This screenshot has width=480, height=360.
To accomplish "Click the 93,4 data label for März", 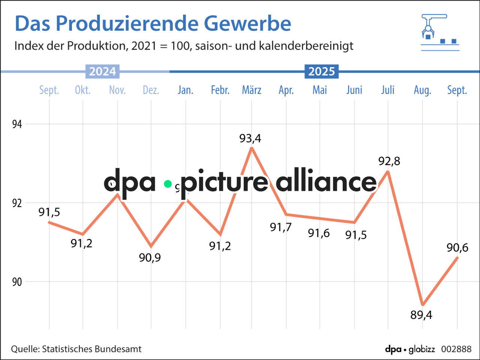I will click(250, 138).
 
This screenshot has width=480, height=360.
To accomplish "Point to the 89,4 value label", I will click(421, 315).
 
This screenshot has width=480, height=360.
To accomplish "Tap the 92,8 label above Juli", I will click(389, 161).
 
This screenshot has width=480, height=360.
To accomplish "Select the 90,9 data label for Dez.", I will click(150, 257).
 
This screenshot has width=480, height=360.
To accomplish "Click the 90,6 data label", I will click(457, 247).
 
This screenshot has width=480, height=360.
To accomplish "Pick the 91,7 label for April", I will click(280, 227).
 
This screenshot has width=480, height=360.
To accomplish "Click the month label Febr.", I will click(220, 90).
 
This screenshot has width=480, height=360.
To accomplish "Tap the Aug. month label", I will click(422, 90).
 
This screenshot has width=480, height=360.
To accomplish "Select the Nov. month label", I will click(117, 90).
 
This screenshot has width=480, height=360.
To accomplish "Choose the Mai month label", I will click(320, 90).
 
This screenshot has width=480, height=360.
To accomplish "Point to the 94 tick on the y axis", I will click(17, 124).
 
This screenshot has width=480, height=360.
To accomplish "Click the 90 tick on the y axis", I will click(17, 282).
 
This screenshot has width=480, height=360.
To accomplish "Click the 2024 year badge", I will click(102, 71).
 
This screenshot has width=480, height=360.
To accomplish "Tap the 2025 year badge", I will click(321, 71).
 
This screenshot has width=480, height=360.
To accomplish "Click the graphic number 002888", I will click(456, 349).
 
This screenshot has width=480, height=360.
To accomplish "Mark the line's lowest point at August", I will click(423, 304).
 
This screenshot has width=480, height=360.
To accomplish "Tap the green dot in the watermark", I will click(168, 184).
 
